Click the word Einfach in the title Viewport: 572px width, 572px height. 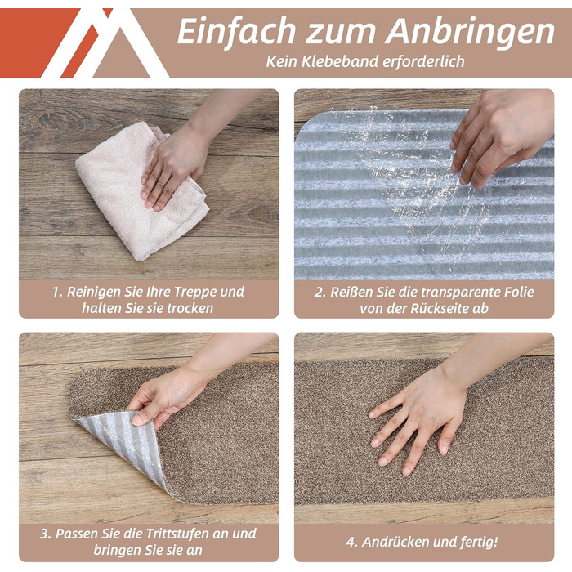point(236,33)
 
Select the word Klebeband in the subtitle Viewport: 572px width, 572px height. point(340,61)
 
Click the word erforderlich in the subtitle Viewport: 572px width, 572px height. point(423,61)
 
